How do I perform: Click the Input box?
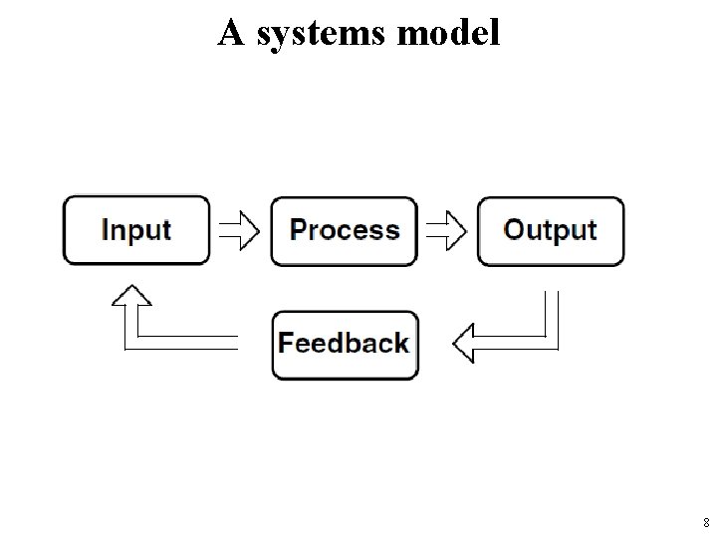[136, 230]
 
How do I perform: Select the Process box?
[344, 230]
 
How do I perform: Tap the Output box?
[551, 230]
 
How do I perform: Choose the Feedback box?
[344, 345]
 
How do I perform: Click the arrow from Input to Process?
[240, 231]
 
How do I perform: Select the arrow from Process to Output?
[447, 231]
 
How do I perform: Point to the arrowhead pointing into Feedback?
[461, 345]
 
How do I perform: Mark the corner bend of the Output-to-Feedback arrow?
[551, 343]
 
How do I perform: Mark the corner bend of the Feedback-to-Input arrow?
[130, 343]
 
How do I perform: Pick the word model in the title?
[448, 33]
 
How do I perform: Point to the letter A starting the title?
[230, 33]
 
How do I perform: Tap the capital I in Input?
[106, 230]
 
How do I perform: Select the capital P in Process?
[298, 229]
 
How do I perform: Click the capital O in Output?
[515, 229]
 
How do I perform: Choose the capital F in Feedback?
[285, 343]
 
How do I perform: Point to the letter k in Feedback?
[401, 343]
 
